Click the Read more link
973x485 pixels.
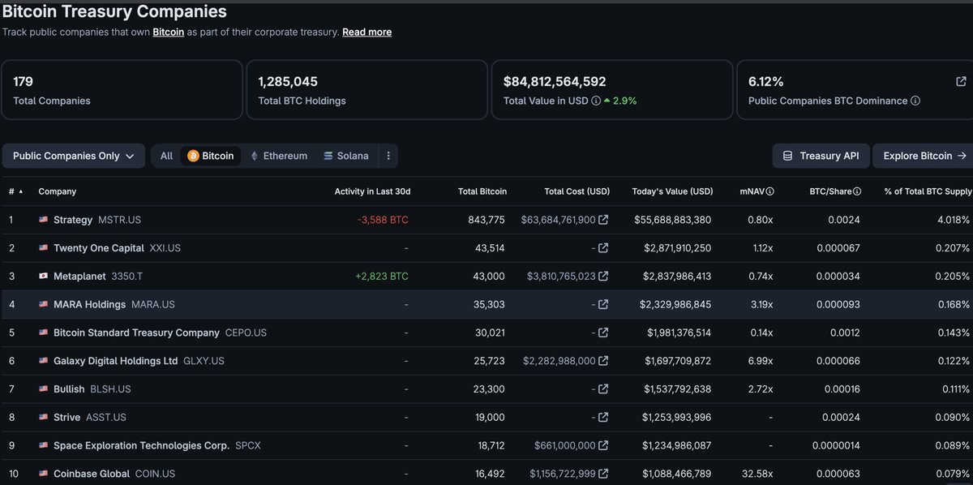366,32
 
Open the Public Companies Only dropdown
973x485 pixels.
74,156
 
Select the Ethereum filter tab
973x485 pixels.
279,156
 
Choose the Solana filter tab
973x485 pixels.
345,156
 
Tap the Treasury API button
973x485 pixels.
821,156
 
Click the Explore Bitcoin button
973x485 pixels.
924,156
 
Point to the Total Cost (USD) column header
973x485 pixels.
577,191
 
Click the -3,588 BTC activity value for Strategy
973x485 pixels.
383,220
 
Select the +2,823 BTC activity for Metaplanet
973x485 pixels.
382,277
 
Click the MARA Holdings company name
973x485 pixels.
89,305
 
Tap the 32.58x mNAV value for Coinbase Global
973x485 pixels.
757,474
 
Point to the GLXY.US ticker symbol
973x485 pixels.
204,361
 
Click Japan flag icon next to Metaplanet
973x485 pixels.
43,276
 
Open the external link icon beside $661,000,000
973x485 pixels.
603,445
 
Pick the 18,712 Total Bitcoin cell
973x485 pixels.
491,445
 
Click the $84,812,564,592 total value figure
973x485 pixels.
555,81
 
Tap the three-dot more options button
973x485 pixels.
388,156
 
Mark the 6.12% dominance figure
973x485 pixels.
765,81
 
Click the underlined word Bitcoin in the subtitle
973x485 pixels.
168,32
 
